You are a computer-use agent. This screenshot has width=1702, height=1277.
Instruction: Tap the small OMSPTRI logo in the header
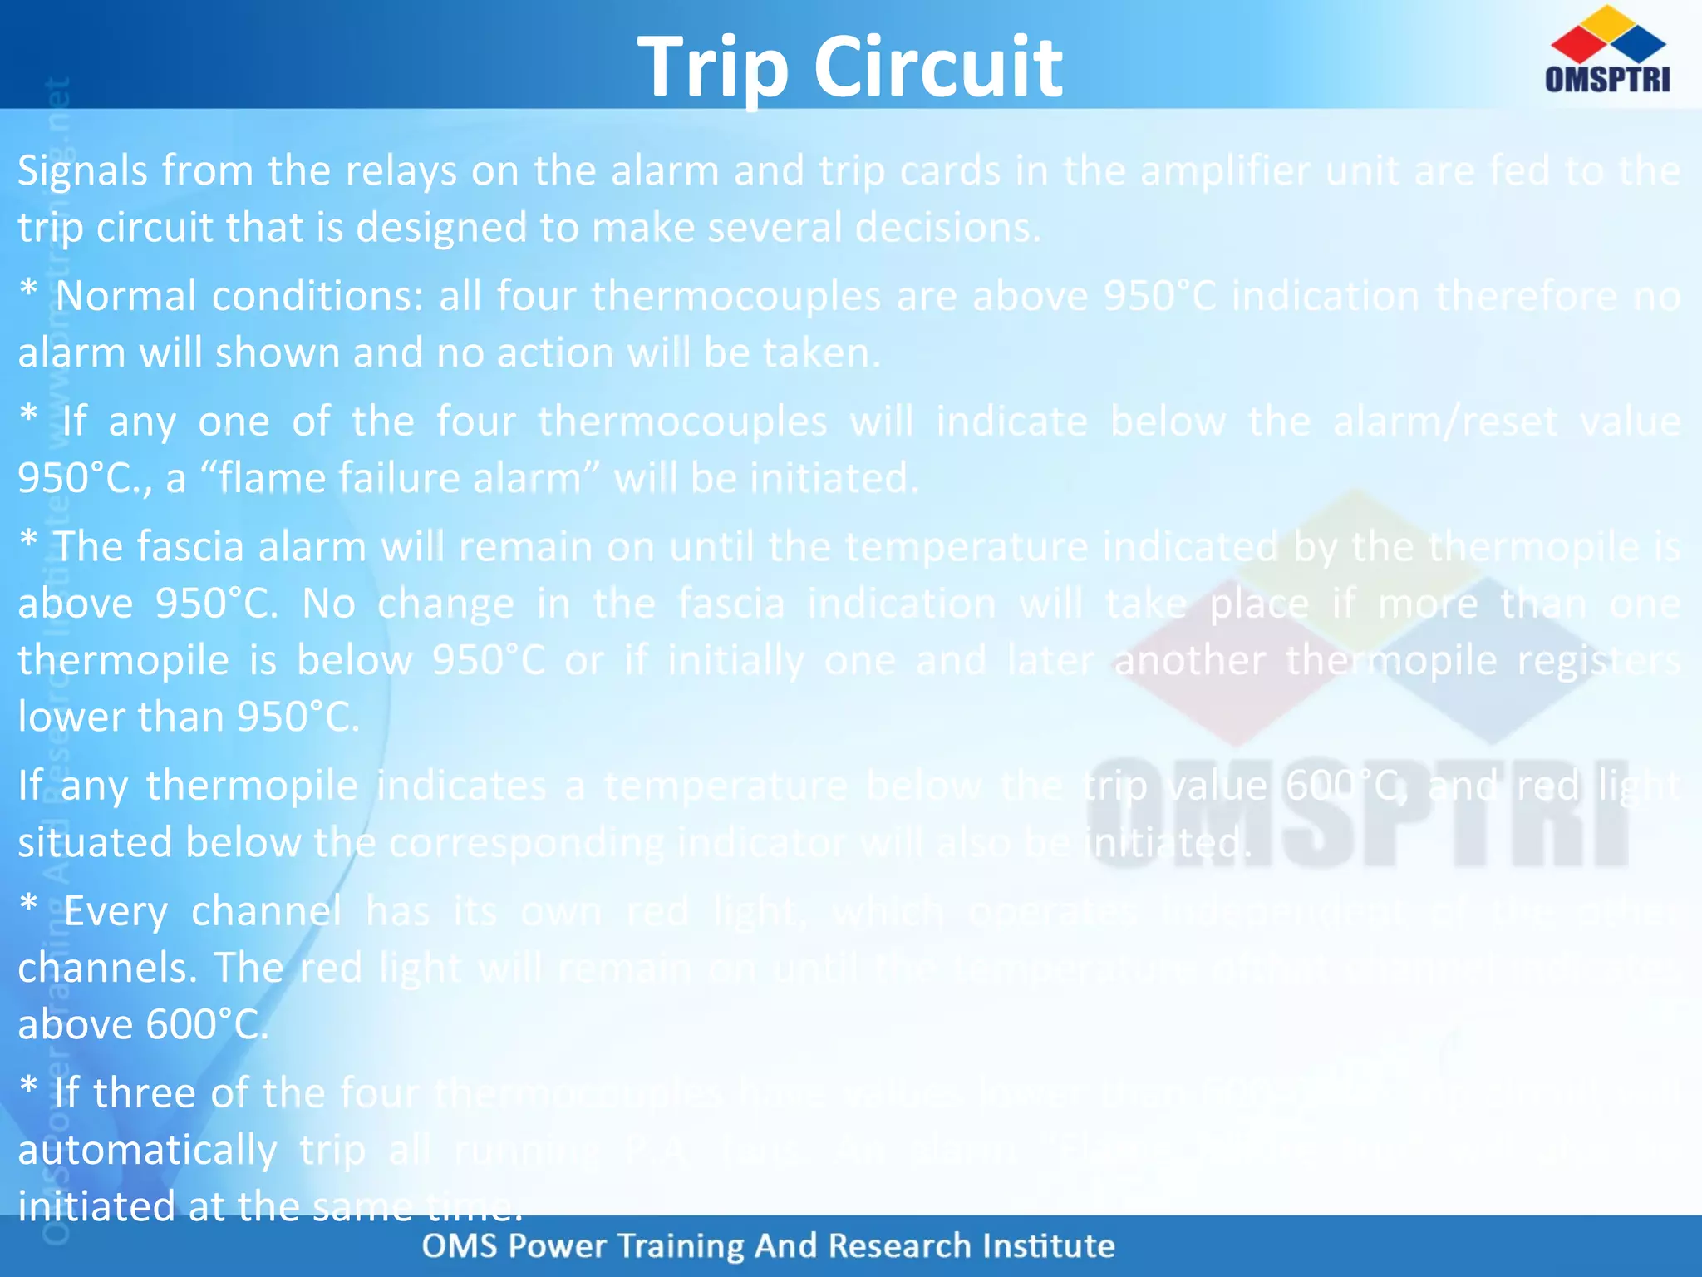tap(1607, 50)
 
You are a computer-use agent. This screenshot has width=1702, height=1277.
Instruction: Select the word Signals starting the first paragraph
tap(82, 172)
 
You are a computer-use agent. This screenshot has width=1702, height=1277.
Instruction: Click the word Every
tap(116, 911)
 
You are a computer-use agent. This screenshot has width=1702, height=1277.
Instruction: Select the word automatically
tap(147, 1151)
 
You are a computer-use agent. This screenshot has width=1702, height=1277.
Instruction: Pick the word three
tap(145, 1093)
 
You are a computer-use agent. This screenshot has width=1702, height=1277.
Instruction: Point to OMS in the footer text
tap(460, 1246)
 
